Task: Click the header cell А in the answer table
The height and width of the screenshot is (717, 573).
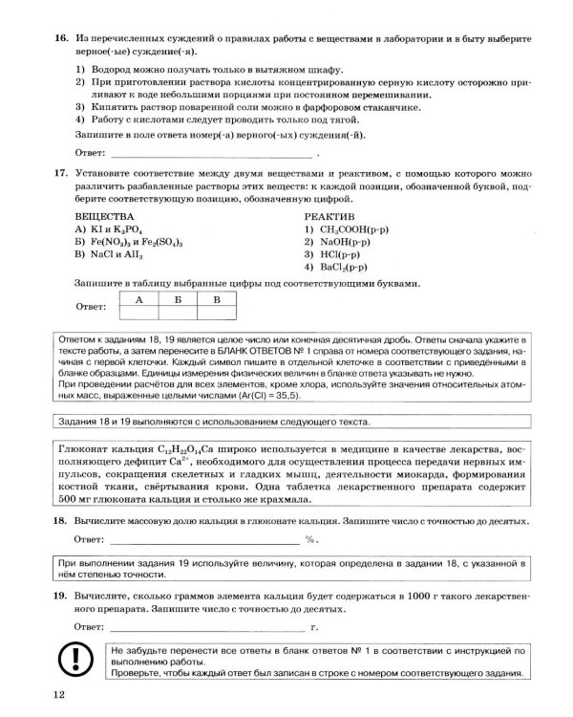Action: [x=138, y=299]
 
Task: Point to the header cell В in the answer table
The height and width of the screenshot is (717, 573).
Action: [x=217, y=299]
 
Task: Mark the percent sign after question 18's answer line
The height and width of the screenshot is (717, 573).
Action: [x=310, y=540]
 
